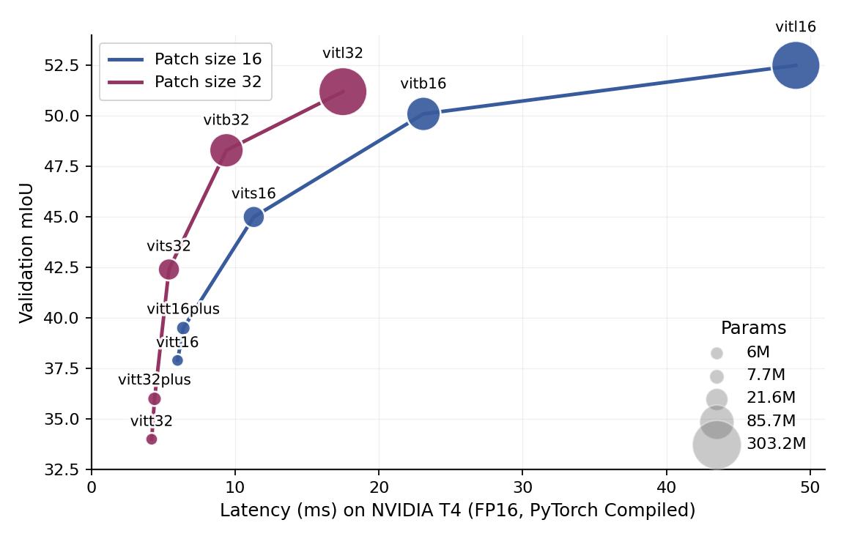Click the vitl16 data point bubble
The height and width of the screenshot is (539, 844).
[x=796, y=66]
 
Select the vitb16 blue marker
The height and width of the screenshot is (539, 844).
[x=423, y=114]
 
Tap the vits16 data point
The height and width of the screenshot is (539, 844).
[x=253, y=217]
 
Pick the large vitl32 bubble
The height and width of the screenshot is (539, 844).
[x=343, y=92]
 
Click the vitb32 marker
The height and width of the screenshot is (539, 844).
[x=226, y=150]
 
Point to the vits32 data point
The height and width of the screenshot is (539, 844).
[x=169, y=269]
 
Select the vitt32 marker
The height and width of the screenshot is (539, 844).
[x=152, y=439]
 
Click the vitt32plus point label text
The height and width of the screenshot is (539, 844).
[x=155, y=380]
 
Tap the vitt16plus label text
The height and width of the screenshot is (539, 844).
[x=183, y=309]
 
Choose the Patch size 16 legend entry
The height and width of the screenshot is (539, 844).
[x=185, y=59]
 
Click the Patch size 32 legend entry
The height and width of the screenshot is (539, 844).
[x=185, y=82]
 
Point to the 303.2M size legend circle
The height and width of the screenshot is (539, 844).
[x=717, y=444]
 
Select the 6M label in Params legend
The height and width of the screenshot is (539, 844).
[x=758, y=353]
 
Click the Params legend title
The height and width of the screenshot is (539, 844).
[x=753, y=328]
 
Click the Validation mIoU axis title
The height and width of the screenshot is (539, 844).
[x=27, y=251]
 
